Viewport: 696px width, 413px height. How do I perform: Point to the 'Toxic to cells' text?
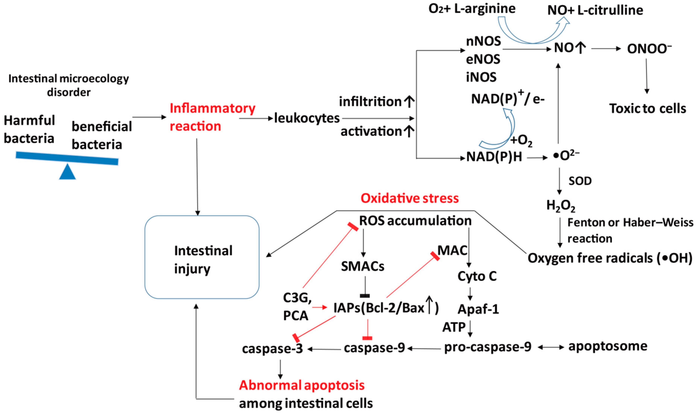tap(647, 109)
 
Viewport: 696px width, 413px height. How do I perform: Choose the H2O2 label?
tap(561, 206)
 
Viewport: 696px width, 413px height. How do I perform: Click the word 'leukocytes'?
tap(307, 118)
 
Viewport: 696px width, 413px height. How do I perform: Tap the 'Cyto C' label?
tap(477, 276)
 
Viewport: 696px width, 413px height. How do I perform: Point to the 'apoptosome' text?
tap(608, 347)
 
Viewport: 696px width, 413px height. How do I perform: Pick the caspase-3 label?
tap(272, 349)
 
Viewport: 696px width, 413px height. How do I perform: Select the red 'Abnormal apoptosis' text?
tap(302, 385)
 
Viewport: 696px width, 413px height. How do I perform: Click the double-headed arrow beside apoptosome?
tap(551, 347)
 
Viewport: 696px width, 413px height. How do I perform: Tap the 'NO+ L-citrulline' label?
tap(595, 11)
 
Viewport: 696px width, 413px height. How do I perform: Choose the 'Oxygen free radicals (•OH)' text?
tap(610, 258)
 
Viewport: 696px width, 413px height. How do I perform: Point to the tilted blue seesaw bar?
tap(67, 158)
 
